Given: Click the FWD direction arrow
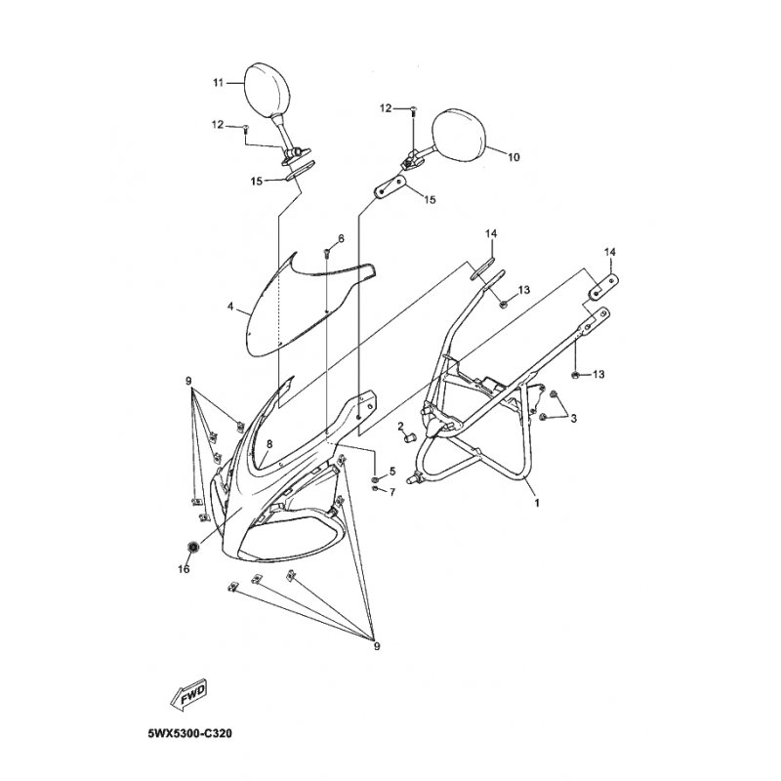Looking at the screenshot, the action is point(187,693).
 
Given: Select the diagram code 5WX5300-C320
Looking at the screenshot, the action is point(189,734).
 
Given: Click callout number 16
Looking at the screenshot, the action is point(184,569).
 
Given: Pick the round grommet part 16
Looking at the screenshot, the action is point(192,547).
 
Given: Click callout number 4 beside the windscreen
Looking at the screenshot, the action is point(230,307).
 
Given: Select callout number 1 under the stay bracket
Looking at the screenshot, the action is point(537,503).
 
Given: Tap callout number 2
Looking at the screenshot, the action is point(400,426).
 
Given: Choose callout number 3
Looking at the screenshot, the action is point(573,419).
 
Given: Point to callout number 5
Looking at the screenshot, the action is point(392,471).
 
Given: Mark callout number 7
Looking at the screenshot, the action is point(392,492).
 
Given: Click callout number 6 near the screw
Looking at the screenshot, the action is point(341,238).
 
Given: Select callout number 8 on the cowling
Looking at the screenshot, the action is point(269,444).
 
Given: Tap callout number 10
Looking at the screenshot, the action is point(514,157).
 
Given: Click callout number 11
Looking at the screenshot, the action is point(218,83).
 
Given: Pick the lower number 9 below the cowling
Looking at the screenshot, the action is point(377,646).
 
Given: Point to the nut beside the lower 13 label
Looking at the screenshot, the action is point(574,374).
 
